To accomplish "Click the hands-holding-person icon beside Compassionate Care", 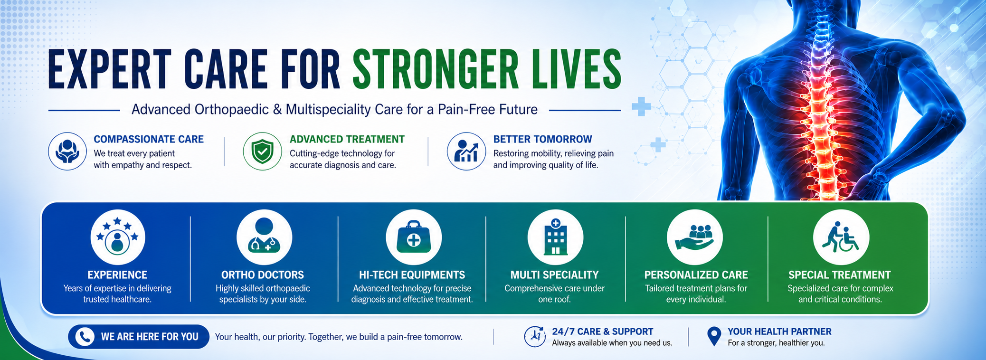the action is [x=67, y=151].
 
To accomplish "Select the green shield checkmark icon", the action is [x=263, y=151].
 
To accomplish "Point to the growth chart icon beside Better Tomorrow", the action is [x=466, y=151].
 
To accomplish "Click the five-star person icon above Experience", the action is [x=118, y=237].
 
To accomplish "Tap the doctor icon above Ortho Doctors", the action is [x=264, y=237].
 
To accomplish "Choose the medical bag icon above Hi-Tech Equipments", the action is [x=414, y=237].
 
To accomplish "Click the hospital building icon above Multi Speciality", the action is [x=555, y=237].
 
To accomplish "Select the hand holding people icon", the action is [x=695, y=237].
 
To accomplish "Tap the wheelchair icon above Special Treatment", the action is [x=841, y=237].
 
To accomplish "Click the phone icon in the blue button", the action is [x=85, y=337].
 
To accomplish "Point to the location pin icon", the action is [x=714, y=336].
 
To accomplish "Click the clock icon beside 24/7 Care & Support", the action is [x=535, y=336].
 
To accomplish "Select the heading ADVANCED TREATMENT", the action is [x=347, y=139].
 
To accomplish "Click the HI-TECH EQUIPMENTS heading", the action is [x=412, y=275].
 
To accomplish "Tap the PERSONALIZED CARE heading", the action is [x=696, y=275].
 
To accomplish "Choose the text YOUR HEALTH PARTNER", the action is [x=779, y=332].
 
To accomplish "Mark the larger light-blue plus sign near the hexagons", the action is [x=641, y=107].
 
